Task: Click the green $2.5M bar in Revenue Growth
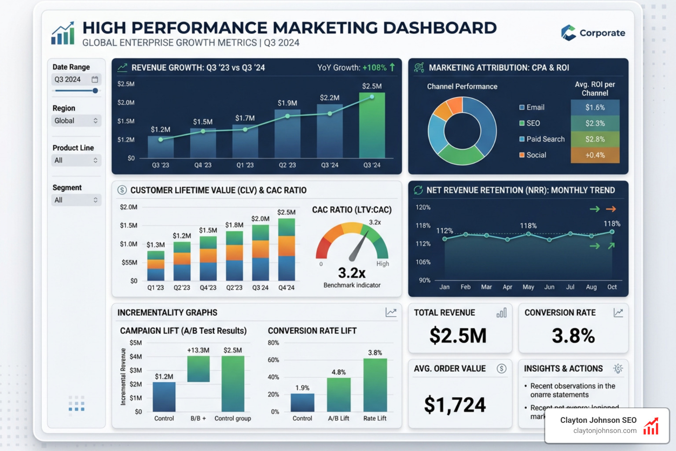click(372, 126)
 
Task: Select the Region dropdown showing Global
click(76, 121)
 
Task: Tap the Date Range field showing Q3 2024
click(76, 80)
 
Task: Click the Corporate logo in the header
click(593, 33)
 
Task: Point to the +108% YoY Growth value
click(374, 68)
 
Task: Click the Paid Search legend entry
click(542, 139)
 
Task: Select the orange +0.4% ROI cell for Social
click(595, 155)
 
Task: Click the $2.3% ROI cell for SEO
click(595, 123)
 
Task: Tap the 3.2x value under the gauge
click(352, 273)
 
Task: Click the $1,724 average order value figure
click(455, 405)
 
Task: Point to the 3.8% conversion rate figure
click(573, 336)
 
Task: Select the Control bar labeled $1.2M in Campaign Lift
click(164, 397)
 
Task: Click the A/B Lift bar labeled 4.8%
click(339, 395)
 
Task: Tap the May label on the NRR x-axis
click(528, 287)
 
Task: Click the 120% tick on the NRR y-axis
click(423, 207)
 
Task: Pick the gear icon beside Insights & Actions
click(618, 369)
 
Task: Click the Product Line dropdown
click(76, 160)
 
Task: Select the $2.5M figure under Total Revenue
click(458, 336)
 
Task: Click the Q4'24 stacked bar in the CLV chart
click(287, 250)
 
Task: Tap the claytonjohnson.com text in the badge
click(605, 431)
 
